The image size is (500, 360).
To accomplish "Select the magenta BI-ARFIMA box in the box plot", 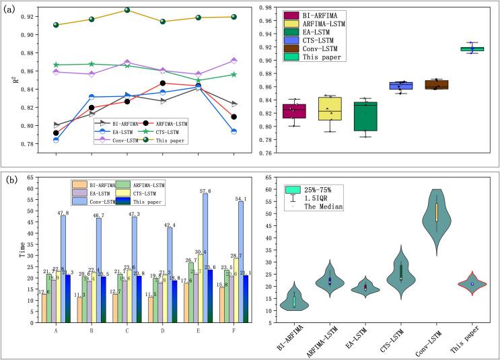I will coord(295,111).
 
